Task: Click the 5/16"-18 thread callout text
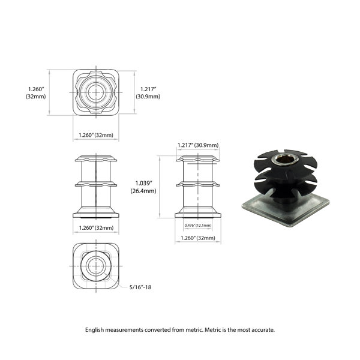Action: point(140,287)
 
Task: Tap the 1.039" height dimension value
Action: point(144,183)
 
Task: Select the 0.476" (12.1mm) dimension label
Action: point(198,225)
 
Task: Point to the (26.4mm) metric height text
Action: point(143,191)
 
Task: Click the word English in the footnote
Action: point(94,330)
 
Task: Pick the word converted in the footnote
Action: point(157,330)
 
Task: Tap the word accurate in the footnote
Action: point(263,330)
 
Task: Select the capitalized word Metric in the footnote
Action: point(213,330)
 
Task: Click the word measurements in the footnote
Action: point(124,330)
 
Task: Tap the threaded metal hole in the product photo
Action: point(283,159)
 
